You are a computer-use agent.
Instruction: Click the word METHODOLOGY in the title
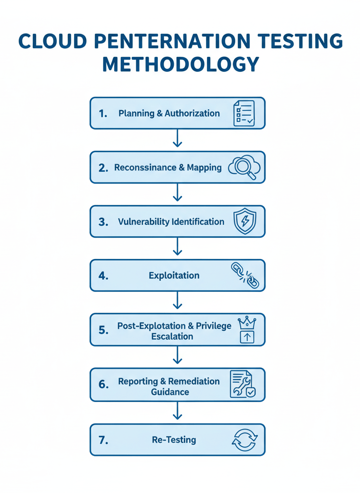(x=180, y=64)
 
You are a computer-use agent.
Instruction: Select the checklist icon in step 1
(x=244, y=114)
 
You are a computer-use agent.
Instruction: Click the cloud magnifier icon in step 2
(x=244, y=168)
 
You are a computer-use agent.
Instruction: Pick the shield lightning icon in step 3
(x=244, y=221)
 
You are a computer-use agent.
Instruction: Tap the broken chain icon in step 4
(x=245, y=276)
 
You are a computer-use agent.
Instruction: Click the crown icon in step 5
(x=247, y=323)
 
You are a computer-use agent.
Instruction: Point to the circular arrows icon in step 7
(x=245, y=440)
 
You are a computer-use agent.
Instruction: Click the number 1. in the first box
(x=103, y=114)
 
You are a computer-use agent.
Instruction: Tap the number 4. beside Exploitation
(x=103, y=276)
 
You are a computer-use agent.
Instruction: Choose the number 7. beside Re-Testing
(x=103, y=440)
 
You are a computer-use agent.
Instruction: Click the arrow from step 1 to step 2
(x=178, y=138)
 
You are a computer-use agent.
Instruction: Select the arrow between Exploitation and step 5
(x=178, y=301)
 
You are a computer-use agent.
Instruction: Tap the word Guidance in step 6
(x=170, y=392)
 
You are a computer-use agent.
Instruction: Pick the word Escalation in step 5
(x=172, y=337)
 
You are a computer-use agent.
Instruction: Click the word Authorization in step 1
(x=192, y=114)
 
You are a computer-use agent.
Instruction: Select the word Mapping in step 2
(x=204, y=168)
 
